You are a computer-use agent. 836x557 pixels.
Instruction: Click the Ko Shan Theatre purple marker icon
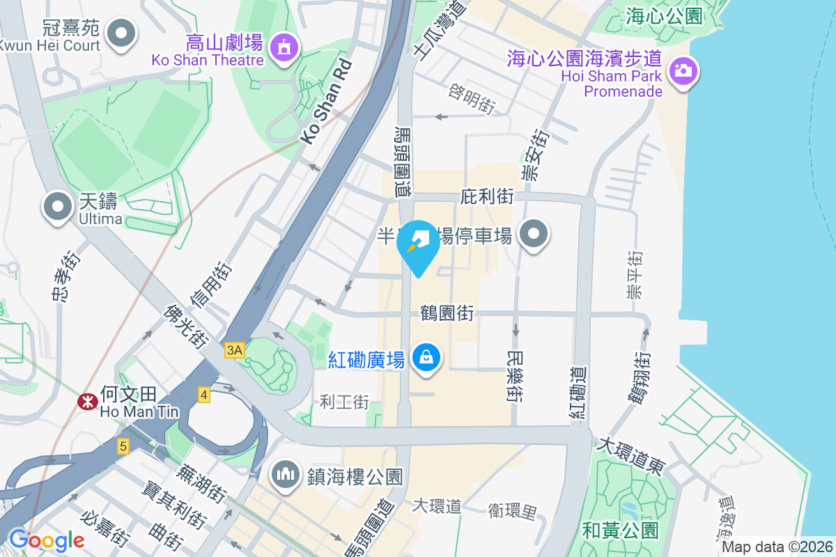coord(284,48)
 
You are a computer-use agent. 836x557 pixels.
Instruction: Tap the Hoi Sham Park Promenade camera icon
coord(683,70)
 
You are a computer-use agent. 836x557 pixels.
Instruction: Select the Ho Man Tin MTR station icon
coord(87,402)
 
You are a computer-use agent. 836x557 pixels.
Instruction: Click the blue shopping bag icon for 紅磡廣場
coord(424,358)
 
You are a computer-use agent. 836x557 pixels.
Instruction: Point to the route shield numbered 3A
coord(235,351)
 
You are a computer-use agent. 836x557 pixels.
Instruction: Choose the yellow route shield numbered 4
coord(203,394)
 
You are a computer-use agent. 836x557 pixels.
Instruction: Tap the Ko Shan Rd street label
coord(326,103)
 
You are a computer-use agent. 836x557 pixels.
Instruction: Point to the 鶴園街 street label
coord(447,313)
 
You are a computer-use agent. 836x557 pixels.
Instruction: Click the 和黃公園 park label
coord(621,531)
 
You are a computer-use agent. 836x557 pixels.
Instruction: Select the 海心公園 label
coord(664,15)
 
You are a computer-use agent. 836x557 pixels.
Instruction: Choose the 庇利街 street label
coord(487,197)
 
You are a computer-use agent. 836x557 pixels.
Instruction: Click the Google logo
coord(47,540)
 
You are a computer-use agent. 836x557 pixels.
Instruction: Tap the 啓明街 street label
coord(472,101)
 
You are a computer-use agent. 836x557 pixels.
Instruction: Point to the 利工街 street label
coord(344,402)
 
